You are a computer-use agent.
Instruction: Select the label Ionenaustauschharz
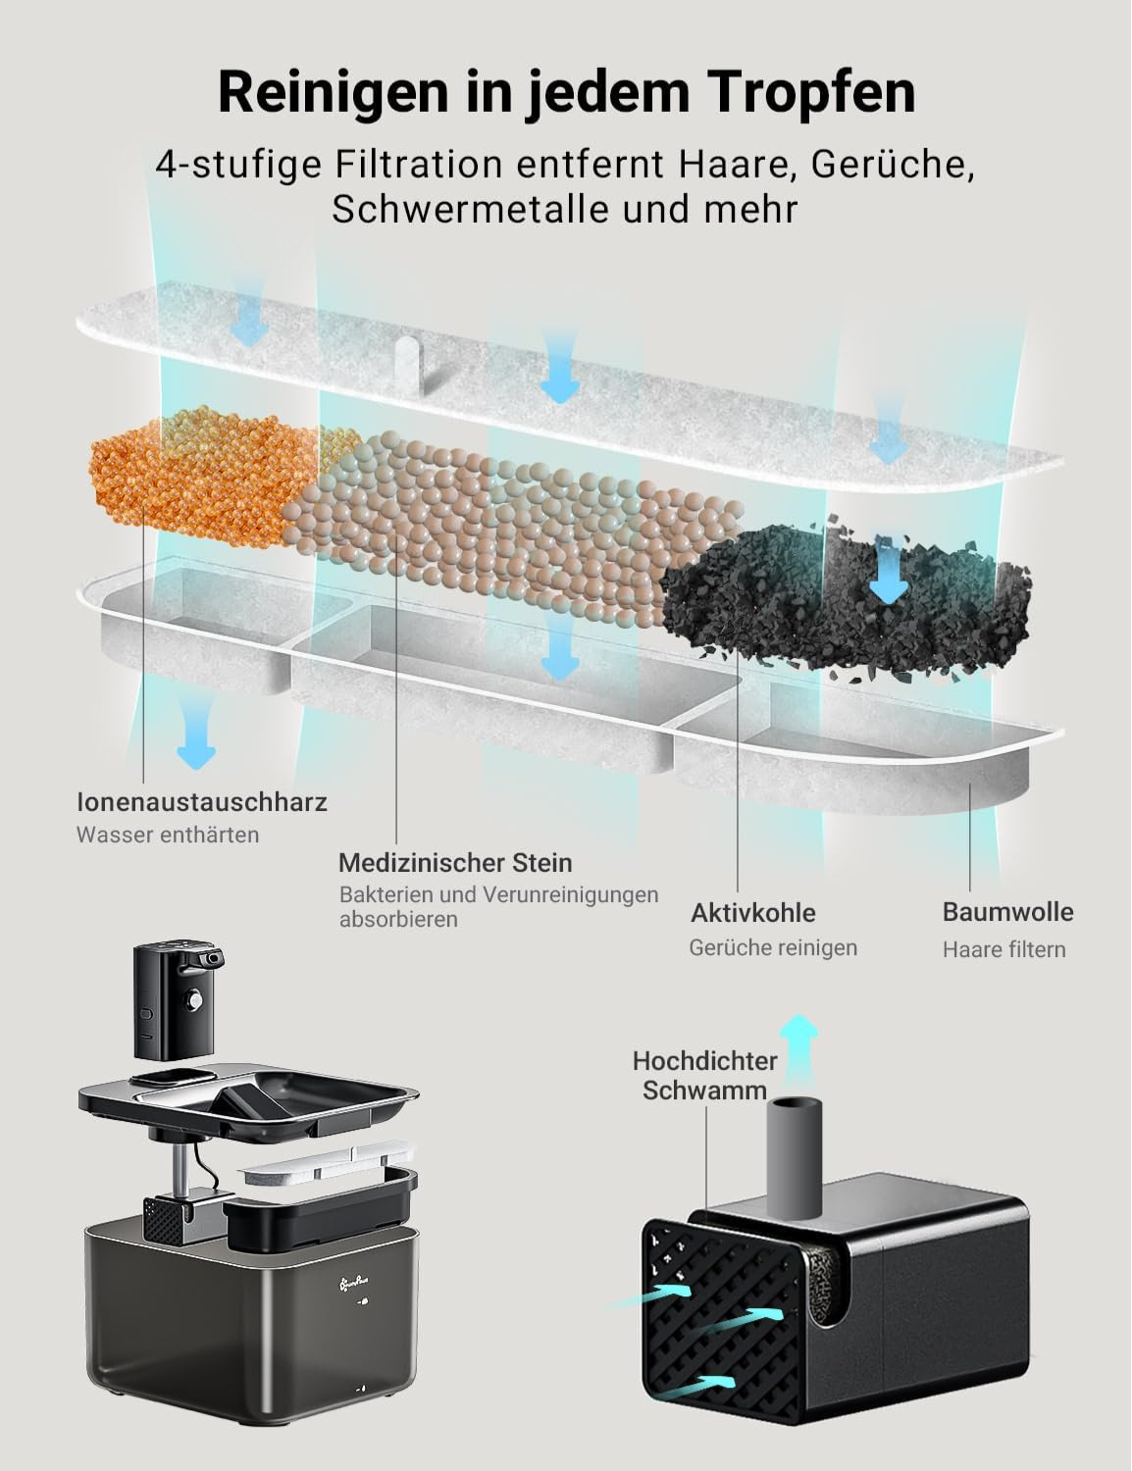202,802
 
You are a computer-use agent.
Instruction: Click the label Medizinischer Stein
455,863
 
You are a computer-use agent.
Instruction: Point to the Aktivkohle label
752,913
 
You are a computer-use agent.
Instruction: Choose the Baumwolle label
1007,912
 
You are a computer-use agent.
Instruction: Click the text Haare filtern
1003,949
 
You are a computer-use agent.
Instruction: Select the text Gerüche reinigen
773,947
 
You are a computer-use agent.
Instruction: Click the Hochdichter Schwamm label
704,1075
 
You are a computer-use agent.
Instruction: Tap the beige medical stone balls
490,510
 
